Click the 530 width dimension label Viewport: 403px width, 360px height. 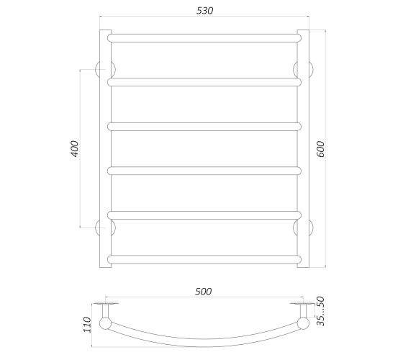click(x=204, y=11)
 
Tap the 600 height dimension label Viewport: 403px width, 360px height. click(x=320, y=149)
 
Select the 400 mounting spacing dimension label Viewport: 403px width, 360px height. click(x=75, y=148)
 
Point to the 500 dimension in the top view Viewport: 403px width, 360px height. click(x=203, y=292)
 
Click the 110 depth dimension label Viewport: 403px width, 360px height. click(x=87, y=325)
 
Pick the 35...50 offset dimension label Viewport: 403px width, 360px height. click(x=320, y=311)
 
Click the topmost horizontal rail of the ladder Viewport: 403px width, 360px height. click(x=204, y=38)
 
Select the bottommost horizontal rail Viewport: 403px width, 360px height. click(x=204, y=259)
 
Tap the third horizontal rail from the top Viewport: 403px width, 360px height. click(x=204, y=127)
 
